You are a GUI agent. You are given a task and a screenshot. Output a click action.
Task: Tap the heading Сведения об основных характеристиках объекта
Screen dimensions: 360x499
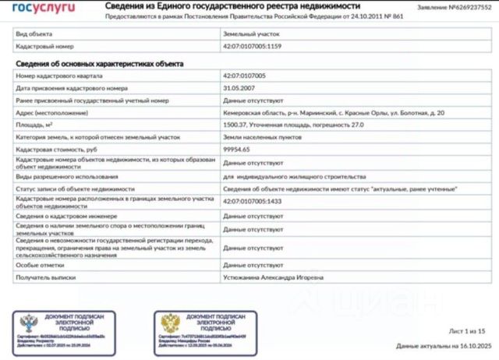coord(99,62)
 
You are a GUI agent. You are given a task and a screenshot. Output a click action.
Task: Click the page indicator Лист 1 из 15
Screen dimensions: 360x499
coord(466,331)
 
